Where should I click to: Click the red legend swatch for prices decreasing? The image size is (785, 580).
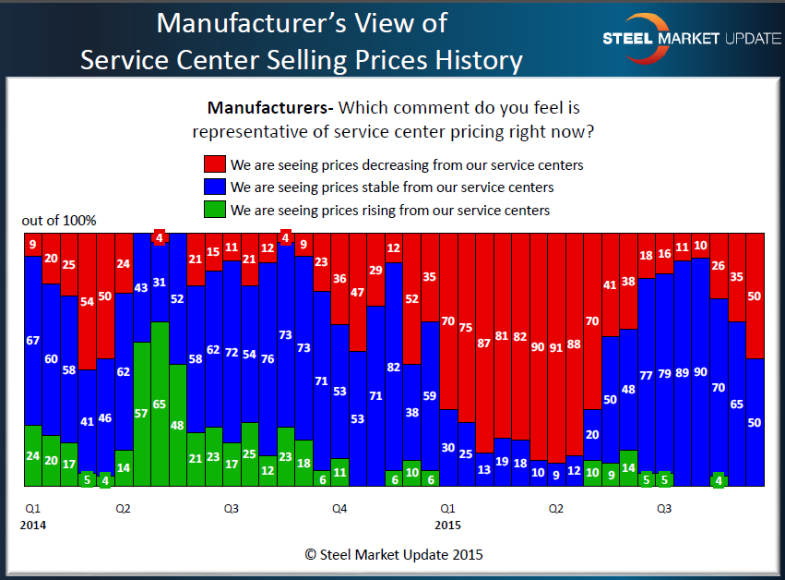click(214, 165)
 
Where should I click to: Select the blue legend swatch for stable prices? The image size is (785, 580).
click(214, 187)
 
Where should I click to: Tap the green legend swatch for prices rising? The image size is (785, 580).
click(214, 210)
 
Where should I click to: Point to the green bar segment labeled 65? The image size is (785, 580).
click(159, 404)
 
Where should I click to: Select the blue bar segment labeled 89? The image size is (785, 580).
click(682, 372)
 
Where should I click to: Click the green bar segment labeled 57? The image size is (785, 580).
click(141, 414)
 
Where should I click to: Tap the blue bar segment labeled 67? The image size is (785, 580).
click(32, 340)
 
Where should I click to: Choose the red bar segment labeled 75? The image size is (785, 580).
click(466, 327)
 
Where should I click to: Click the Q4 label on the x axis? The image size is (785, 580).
click(339, 509)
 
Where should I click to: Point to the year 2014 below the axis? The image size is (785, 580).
click(33, 525)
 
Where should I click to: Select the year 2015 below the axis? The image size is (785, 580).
click(447, 525)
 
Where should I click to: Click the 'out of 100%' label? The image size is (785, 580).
click(59, 221)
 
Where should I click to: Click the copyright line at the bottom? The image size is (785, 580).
click(394, 555)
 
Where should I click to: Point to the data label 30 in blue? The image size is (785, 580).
click(447, 448)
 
